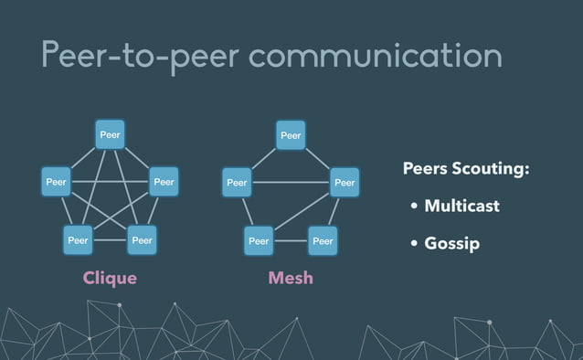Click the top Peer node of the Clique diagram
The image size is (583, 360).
[x=110, y=135]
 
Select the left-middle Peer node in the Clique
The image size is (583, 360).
[x=57, y=182]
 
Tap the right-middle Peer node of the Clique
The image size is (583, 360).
[x=164, y=182]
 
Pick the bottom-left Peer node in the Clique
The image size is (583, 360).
[x=78, y=240]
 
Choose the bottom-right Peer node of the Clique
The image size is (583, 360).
[x=142, y=240]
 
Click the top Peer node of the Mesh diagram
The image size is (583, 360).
[x=291, y=135]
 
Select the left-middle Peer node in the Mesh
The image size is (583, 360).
[x=238, y=182]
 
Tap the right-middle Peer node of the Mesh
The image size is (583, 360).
[x=344, y=182]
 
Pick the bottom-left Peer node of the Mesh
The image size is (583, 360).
[x=259, y=240]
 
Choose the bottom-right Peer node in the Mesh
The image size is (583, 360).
[x=323, y=240]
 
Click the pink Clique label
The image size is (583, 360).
[x=110, y=278]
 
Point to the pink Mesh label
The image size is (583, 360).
[x=291, y=278]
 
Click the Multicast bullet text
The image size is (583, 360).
[x=461, y=206]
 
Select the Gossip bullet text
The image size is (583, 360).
[x=451, y=244]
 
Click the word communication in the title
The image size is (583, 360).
[x=375, y=55]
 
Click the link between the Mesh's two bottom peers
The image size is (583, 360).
[x=291, y=240]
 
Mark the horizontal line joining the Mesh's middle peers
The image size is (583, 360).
[x=291, y=182]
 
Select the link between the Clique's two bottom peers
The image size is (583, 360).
[x=110, y=240]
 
